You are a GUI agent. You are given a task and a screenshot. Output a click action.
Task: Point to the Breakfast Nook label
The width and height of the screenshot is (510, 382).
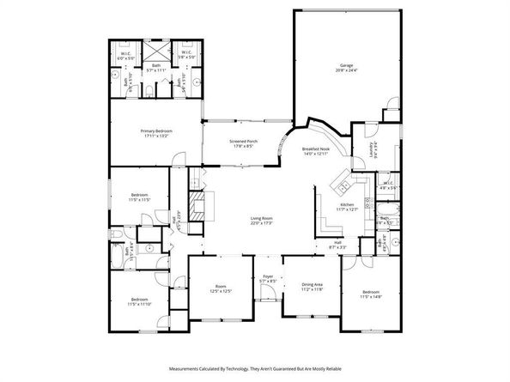(x=317, y=149)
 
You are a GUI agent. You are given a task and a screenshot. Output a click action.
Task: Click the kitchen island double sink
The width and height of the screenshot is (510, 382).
(x=340, y=185)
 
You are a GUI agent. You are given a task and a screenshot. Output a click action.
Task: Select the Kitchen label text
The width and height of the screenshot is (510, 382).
(x=347, y=204)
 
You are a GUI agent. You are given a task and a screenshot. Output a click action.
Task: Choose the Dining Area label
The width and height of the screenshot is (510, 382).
(x=312, y=284)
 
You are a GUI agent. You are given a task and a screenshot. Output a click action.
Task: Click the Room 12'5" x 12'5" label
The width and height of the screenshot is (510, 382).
(x=221, y=287)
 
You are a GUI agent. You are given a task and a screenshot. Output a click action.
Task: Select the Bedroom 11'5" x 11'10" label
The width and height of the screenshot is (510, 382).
(x=139, y=300)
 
